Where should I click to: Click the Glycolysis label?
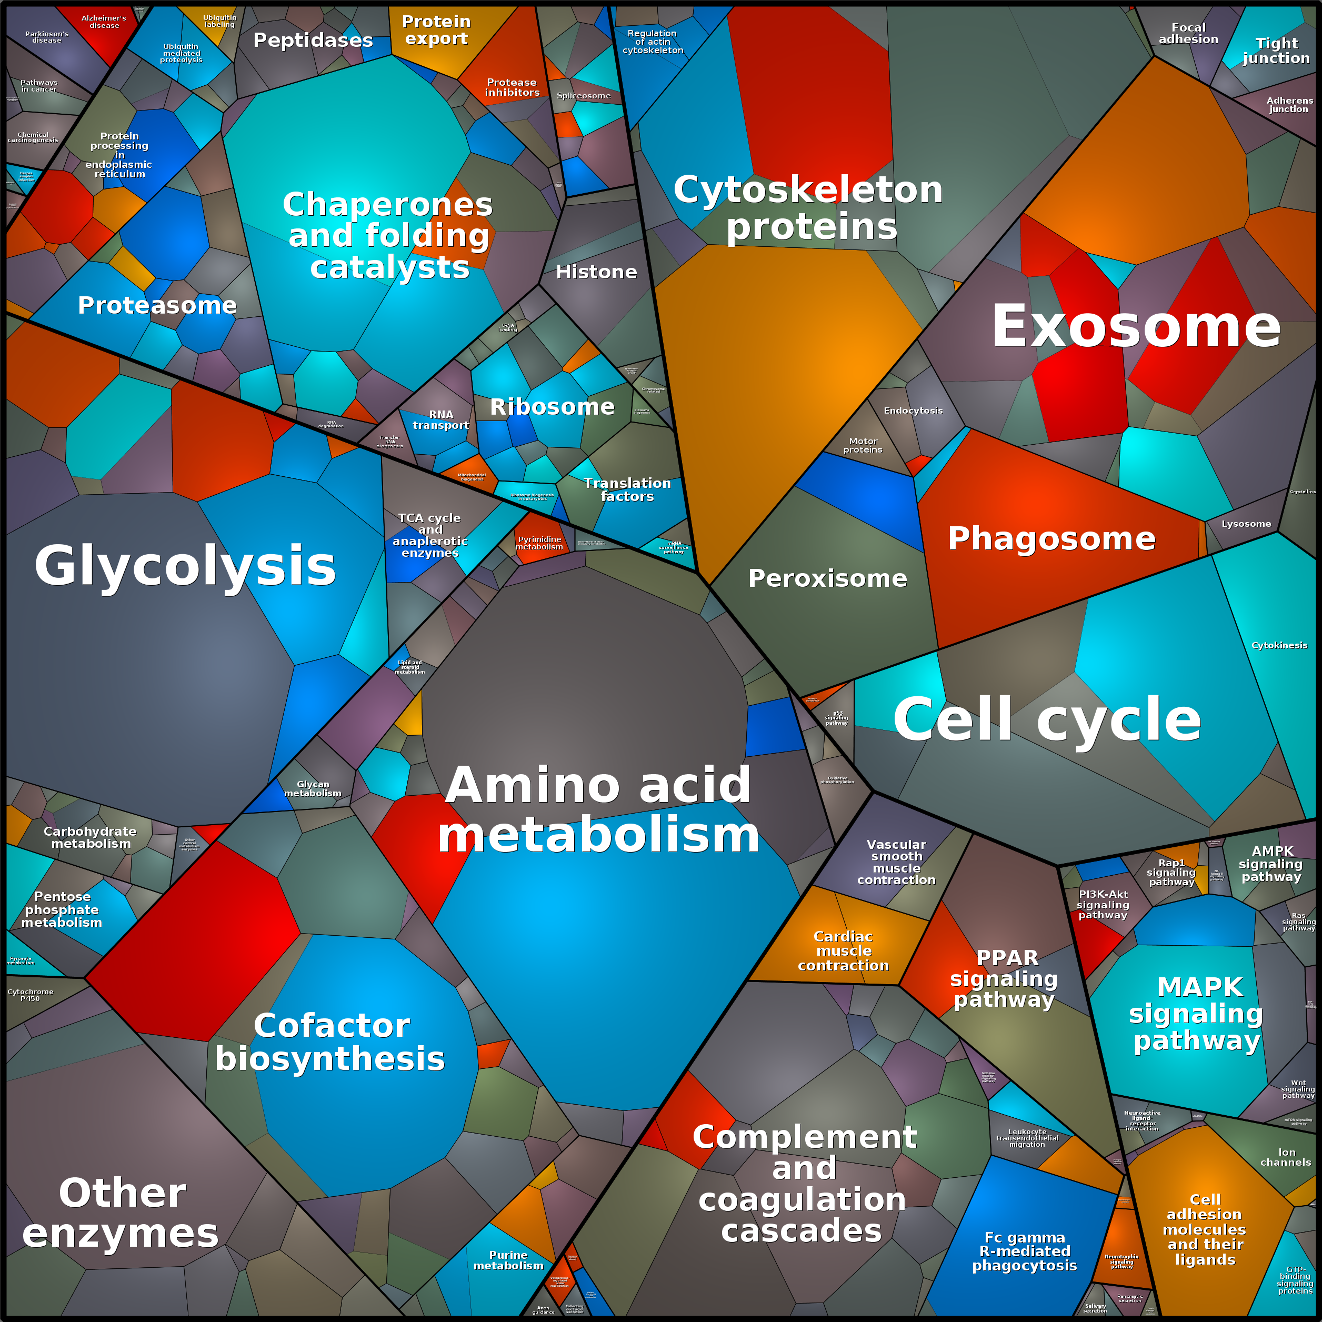185,566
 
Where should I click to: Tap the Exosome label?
1136,327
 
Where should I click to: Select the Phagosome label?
1051,538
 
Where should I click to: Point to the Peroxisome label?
827,578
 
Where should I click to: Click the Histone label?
596,272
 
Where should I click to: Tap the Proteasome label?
157,305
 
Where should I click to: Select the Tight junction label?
1276,51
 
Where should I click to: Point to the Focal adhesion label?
1188,34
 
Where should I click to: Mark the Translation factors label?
627,490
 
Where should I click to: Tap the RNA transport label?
440,419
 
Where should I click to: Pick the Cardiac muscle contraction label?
843,951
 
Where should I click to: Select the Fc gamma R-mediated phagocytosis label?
1024,1251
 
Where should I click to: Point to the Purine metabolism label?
508,1260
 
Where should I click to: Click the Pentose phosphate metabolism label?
62,909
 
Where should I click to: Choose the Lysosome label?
1246,524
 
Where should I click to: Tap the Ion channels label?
1286,1157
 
